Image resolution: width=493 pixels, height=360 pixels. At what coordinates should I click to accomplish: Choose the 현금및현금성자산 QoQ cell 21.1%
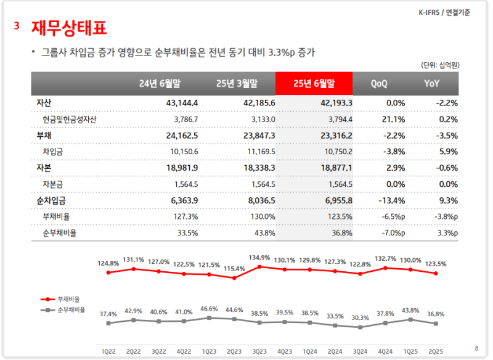(394, 119)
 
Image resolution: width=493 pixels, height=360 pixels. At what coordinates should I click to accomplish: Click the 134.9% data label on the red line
(259, 258)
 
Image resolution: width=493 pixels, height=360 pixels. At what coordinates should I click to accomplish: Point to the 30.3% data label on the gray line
(361, 318)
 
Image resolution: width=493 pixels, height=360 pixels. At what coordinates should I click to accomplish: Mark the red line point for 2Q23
(234, 278)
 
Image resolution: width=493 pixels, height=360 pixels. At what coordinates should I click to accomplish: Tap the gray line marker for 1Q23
(209, 318)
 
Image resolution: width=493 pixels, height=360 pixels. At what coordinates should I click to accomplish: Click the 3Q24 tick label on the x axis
(360, 351)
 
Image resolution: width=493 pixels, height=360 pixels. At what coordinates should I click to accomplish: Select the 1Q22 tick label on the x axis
(108, 351)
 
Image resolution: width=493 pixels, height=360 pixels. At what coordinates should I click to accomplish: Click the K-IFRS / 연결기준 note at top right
(444, 13)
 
